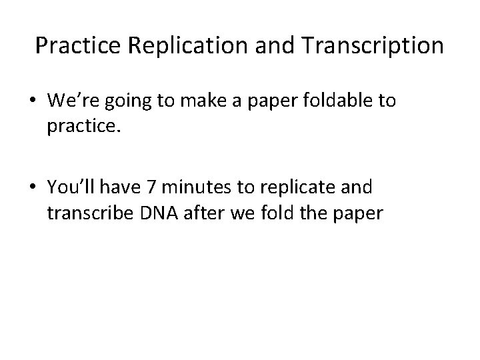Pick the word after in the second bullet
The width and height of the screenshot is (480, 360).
pos(200,213)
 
